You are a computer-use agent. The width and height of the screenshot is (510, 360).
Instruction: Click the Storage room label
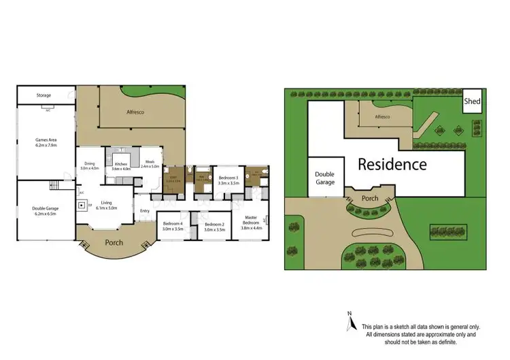[44, 96]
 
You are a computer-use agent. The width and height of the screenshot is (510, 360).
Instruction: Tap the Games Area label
[46, 142]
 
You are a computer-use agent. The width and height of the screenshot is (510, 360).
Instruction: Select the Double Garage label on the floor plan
[46, 210]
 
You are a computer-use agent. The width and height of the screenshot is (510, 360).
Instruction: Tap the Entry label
[144, 211]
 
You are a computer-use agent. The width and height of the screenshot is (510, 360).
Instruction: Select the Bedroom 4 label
[173, 227]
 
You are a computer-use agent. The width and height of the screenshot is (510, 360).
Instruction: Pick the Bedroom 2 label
[214, 227]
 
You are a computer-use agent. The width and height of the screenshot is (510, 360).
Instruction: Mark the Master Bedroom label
[251, 223]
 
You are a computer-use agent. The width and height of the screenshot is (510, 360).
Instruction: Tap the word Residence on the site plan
[392, 164]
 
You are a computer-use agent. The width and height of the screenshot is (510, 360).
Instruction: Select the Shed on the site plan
[472, 102]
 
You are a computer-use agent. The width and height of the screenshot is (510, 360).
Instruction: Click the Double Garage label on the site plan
[325, 178]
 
